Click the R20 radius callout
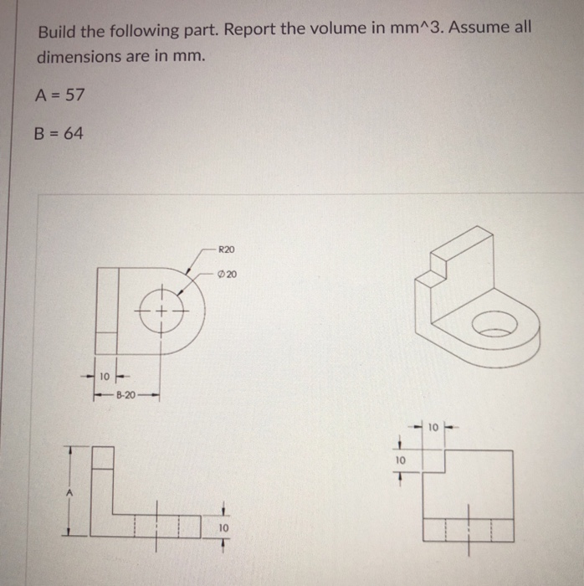pos(226,249)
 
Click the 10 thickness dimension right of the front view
pos(223,528)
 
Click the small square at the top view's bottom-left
pos(107,342)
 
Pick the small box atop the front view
pos(101,457)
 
